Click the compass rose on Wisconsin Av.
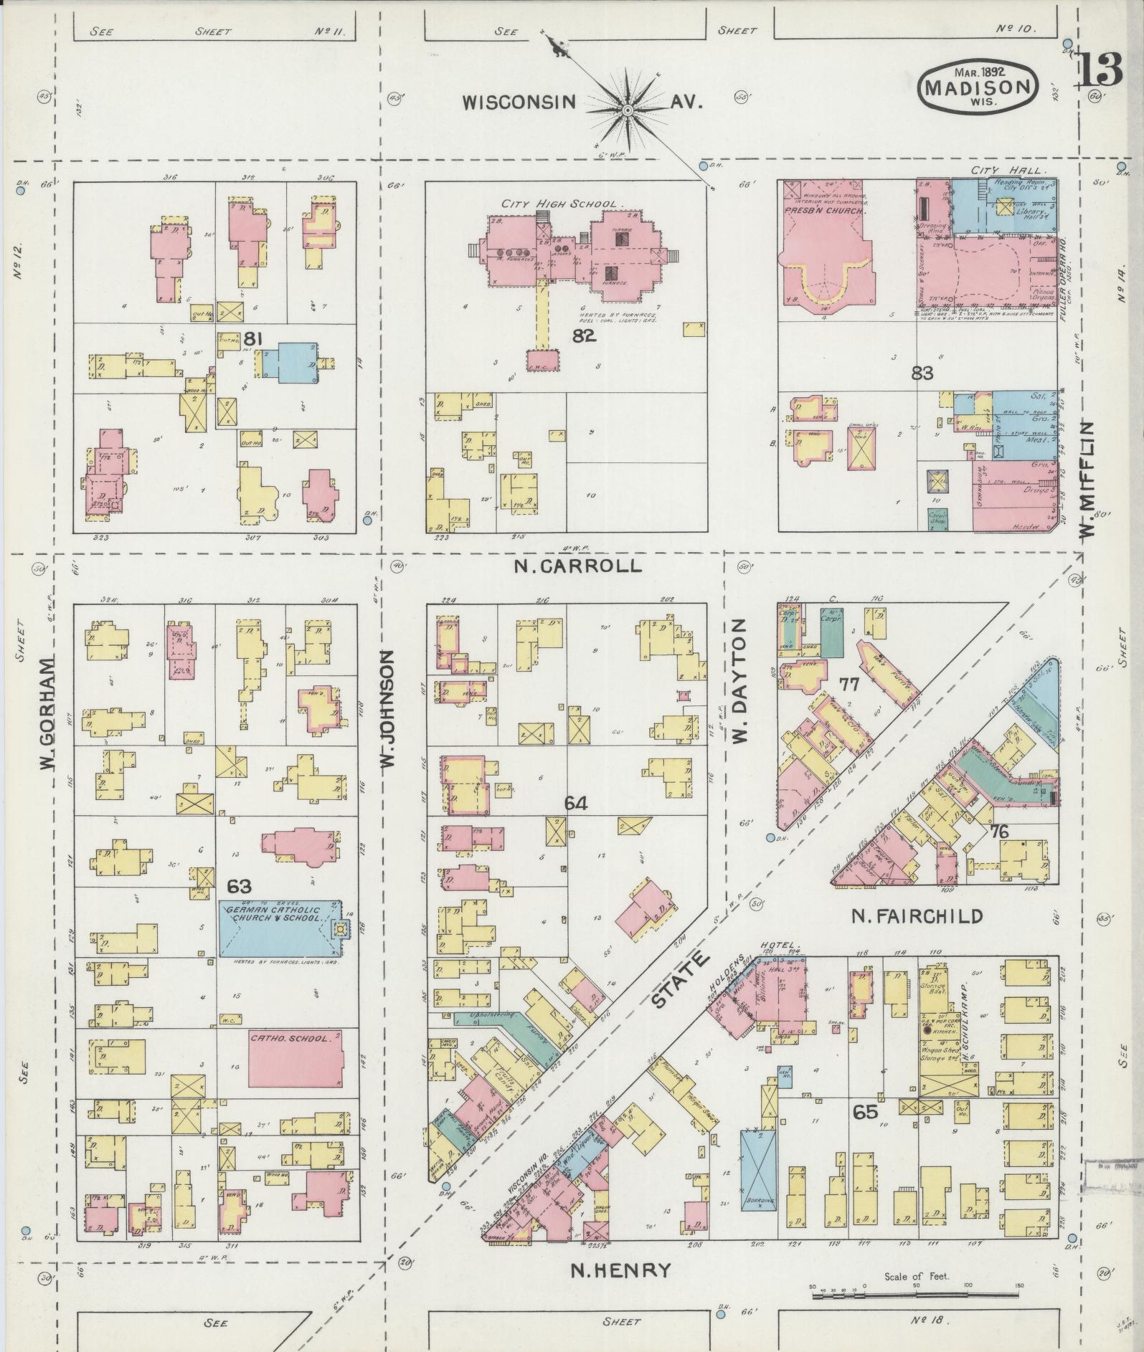627,109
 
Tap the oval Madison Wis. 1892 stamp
978,86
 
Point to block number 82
584,335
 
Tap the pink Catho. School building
294,1062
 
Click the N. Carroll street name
577,566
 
